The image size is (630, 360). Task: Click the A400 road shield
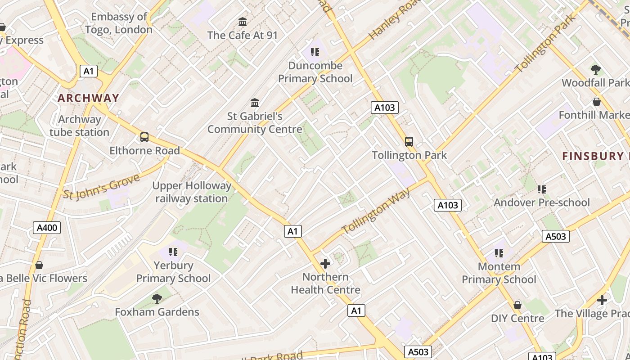pos(47,228)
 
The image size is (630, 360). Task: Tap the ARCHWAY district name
pos(88,98)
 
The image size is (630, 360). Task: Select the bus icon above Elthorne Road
pos(144,137)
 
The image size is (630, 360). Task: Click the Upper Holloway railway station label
pos(192,192)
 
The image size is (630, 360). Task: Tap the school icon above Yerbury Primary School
pos(173,252)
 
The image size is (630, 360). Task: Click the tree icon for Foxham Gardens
pos(157,298)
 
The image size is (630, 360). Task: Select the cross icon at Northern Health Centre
pos(325,263)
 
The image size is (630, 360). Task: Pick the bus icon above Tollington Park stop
pos(409,142)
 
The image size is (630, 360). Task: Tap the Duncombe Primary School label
pos(315,72)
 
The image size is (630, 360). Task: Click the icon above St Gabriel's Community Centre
pos(255,103)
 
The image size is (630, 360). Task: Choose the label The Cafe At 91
pos(243,35)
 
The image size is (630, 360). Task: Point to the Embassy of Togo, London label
pos(119,23)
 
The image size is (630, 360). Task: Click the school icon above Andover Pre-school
pos(542,189)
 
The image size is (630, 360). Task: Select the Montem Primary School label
pos(499,273)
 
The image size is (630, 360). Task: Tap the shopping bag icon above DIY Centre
pos(517,305)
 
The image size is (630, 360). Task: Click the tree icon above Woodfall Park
pos(596,69)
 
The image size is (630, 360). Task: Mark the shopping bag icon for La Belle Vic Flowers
pos(39,265)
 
